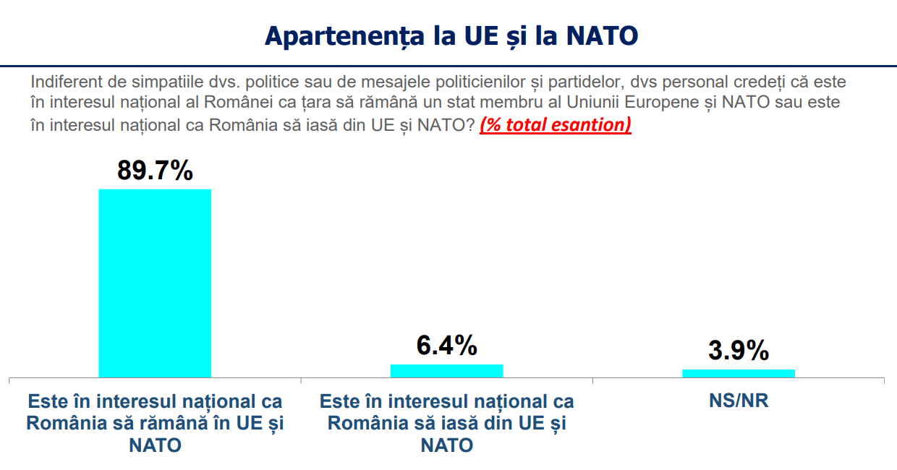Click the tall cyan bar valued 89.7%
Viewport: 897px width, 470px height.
155,283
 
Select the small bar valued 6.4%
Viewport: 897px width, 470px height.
446,370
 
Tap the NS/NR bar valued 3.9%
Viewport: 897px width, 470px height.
739,373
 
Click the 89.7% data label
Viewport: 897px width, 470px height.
155,171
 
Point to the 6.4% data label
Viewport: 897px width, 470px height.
446,346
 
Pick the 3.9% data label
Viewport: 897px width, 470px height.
739,351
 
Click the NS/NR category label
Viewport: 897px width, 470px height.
739,401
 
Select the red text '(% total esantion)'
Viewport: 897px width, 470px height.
556,124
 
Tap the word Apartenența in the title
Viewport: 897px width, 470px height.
344,35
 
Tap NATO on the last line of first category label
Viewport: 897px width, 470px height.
155,445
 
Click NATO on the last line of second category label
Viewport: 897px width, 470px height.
446,445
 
